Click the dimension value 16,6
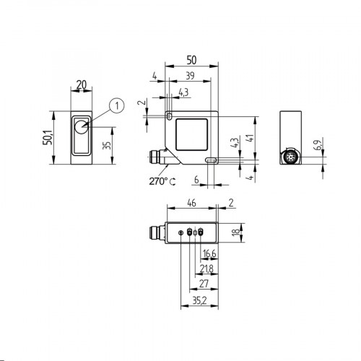tap(208, 253)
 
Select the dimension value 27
tap(203, 283)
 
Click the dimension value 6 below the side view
tap(196, 180)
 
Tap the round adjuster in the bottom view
tap(180, 232)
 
